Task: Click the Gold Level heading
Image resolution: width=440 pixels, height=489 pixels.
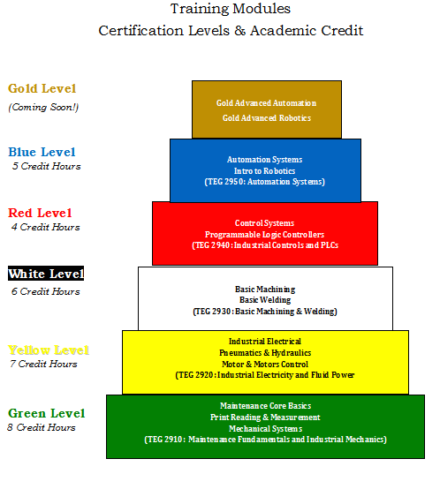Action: [42, 88]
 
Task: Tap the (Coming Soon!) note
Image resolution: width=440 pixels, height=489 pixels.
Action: [43, 108]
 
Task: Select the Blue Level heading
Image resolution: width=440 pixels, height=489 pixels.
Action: [42, 152]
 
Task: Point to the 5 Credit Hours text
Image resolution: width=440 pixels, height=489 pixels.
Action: [47, 166]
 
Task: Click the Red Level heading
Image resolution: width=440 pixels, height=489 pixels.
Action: [40, 213]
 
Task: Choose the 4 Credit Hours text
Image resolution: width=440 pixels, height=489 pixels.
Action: [46, 227]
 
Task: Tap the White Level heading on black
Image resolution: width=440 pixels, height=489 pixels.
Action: [46, 274]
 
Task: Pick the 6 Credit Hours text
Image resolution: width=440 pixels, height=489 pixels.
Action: [46, 291]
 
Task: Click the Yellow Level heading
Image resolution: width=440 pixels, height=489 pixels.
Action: [49, 350]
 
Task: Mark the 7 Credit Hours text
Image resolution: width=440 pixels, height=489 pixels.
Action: [43, 364]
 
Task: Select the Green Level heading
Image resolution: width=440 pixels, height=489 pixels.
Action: [47, 413]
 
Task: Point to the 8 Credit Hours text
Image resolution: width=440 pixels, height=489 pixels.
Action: [42, 427]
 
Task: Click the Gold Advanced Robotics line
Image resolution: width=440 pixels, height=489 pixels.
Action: [267, 118]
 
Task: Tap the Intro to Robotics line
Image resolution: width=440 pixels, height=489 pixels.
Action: [265, 171]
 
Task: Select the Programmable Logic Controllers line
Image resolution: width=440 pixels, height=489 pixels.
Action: [265, 235]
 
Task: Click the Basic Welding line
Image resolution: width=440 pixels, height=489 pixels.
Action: [265, 300]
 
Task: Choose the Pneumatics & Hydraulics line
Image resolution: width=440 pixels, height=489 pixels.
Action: [265, 353]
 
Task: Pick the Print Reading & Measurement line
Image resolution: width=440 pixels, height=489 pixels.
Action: [265, 418]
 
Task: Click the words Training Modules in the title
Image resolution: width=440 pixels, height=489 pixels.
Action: [231, 9]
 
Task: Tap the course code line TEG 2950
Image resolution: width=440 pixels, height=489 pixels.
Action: [265, 182]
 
